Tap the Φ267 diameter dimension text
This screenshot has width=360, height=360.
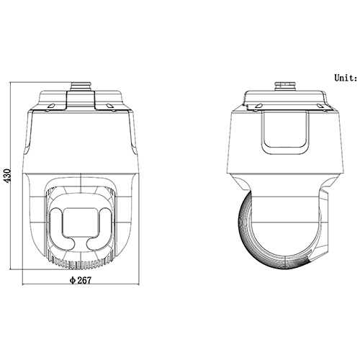[x=81, y=280]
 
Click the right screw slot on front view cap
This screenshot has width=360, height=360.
[x=109, y=107]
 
